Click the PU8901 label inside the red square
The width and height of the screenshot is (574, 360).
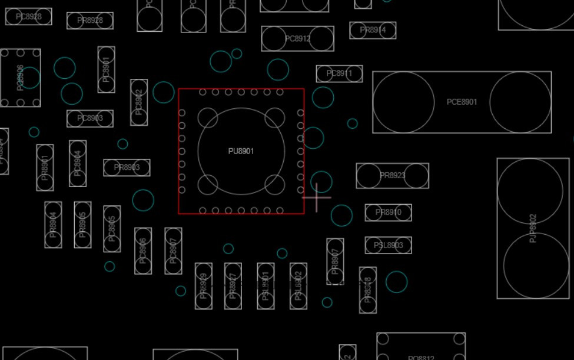(241, 151)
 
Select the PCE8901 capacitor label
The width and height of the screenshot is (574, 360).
(462, 102)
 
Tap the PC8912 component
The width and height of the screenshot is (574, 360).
(297, 39)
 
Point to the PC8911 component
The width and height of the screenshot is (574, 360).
(339, 74)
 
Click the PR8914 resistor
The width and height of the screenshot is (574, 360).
(373, 30)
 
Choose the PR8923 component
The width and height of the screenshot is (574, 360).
(392, 175)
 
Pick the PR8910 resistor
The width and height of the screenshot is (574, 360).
(388, 212)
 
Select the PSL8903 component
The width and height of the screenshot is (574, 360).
(388, 245)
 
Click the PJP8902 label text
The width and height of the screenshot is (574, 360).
(533, 228)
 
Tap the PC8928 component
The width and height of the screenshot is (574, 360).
(28, 16)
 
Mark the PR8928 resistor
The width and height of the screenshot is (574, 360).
(89, 21)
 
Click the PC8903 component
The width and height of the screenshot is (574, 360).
(89, 118)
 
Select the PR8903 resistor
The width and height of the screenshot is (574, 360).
(127, 168)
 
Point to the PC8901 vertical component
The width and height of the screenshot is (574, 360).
(106, 69)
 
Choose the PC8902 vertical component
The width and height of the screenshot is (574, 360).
(139, 102)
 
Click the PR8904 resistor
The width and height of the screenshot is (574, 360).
(53, 225)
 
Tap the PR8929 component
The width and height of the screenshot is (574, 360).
(204, 286)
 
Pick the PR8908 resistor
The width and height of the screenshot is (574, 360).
(368, 290)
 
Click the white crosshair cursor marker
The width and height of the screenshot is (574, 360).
(317, 198)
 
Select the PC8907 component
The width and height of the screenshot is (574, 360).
(173, 251)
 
